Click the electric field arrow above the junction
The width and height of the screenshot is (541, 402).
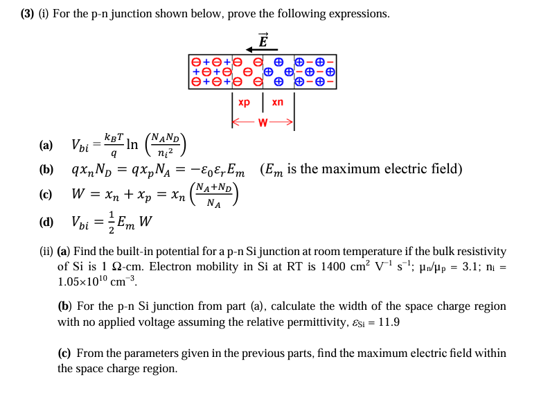262,49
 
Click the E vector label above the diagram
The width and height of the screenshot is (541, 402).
263,39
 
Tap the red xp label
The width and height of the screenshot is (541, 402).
244,102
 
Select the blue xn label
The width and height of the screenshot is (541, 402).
278,102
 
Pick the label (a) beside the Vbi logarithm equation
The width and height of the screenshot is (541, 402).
46,146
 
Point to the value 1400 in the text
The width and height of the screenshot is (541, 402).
359,267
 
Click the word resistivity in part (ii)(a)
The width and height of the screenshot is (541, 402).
479,251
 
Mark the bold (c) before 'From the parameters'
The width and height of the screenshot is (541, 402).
63,353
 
